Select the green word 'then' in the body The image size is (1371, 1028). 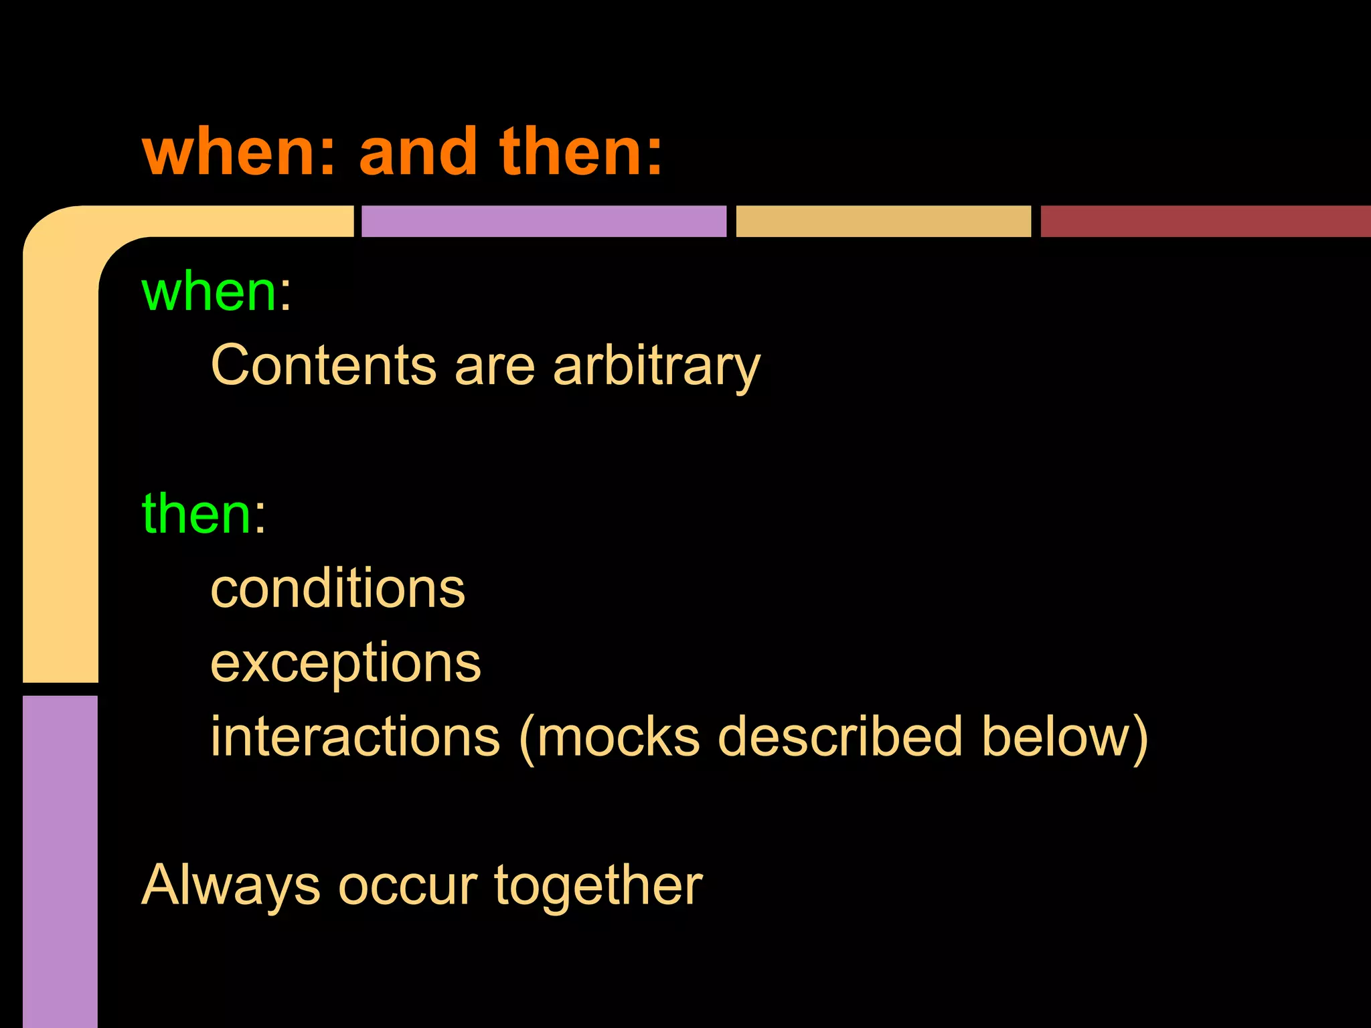[x=197, y=514]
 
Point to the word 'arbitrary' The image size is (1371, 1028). [x=657, y=367]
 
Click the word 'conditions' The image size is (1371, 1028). [x=337, y=588]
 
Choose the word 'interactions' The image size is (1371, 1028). [x=355, y=736]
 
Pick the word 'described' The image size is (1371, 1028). [x=840, y=736]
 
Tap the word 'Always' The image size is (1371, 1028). [x=230, y=886]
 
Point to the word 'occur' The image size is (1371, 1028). [x=408, y=886]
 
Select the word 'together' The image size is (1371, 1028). [x=598, y=886]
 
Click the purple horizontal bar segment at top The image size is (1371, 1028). [x=544, y=221]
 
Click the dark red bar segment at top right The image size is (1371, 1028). [x=1205, y=221]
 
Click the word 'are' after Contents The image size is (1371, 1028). [x=495, y=367]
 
